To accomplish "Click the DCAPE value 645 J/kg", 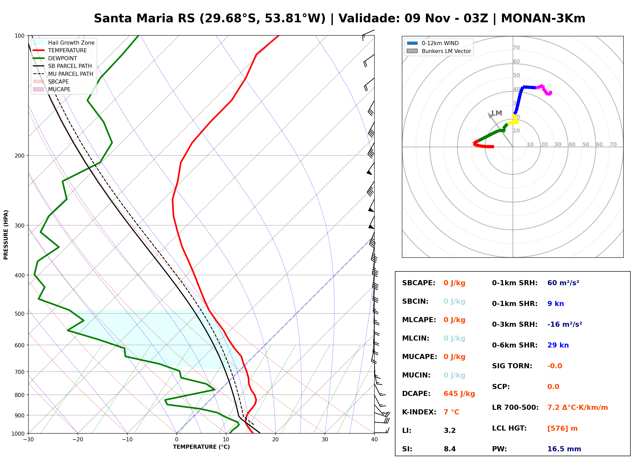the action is [459, 394].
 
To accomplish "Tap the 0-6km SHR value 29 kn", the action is [558, 345].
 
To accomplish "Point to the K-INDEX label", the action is [419, 412].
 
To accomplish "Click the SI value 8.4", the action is [449, 449].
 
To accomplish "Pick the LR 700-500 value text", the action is [578, 408].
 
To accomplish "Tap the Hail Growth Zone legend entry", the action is [64, 43].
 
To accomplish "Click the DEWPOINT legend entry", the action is [55, 58].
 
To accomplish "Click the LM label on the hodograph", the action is [497, 113].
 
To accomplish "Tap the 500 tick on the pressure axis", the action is [19, 314].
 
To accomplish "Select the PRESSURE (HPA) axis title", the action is [6, 234].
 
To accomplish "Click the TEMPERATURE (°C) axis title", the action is [201, 447].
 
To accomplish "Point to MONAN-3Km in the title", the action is [543, 18].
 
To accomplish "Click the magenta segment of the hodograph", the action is [544, 89].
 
